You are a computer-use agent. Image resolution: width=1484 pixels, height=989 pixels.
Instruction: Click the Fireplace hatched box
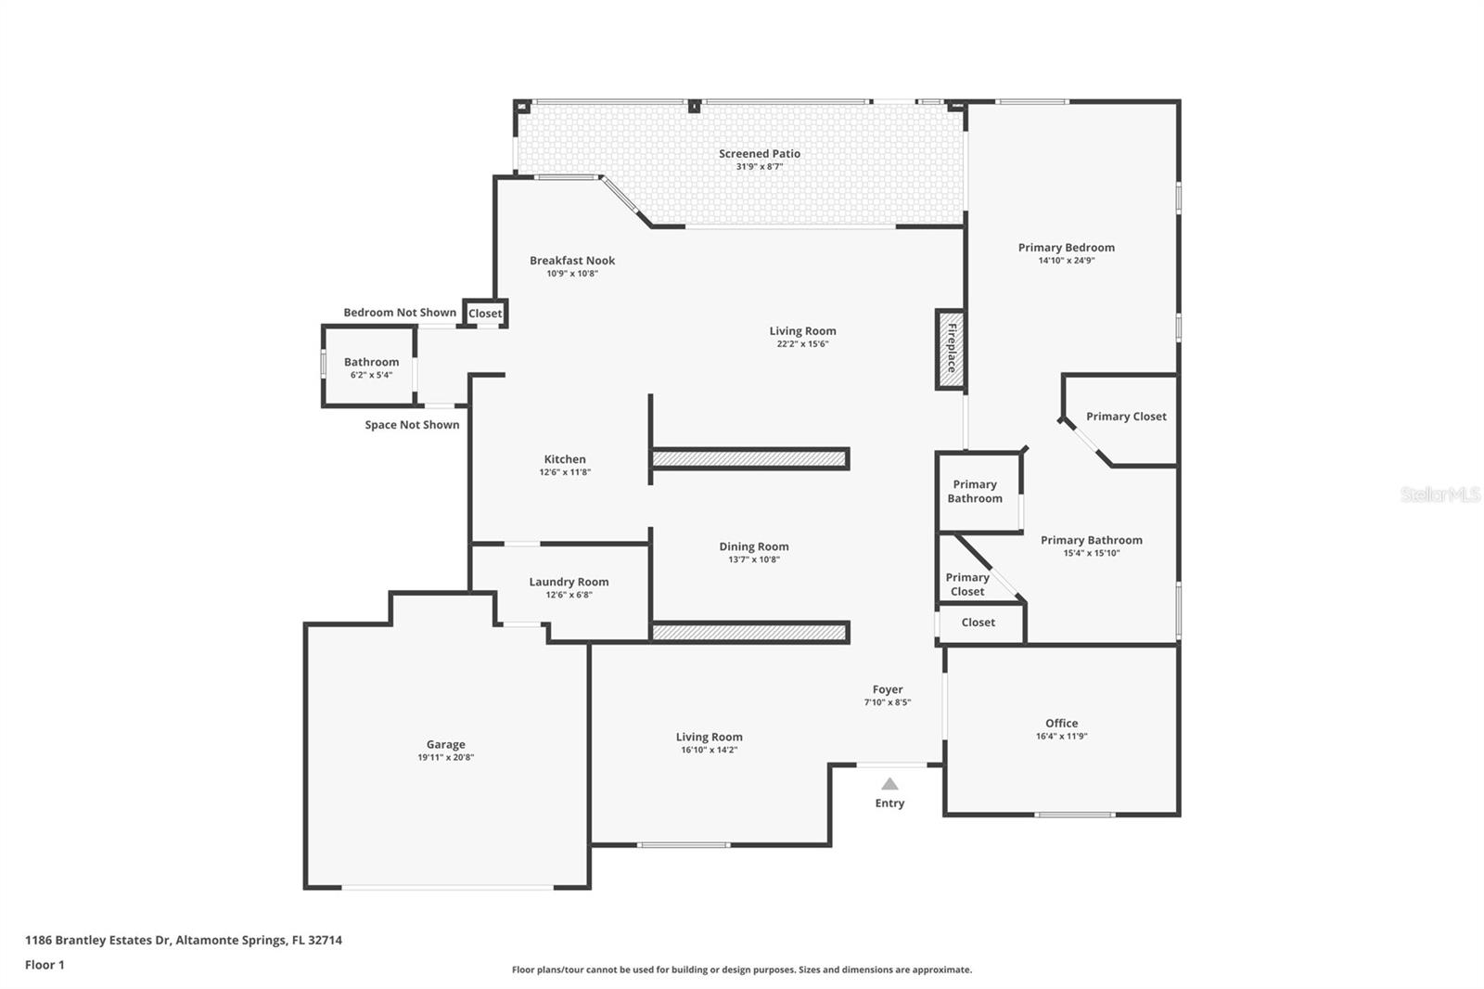pos(950,349)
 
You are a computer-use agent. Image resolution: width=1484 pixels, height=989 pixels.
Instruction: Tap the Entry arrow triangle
pos(889,784)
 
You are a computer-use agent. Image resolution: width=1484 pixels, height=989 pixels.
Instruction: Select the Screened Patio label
pos(759,154)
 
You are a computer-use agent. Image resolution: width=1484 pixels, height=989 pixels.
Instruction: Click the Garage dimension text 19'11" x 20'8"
pos(445,758)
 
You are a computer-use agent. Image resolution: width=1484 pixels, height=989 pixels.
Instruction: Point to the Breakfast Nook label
pos(572,261)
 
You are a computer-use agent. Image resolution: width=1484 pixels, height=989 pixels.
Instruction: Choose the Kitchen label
pos(564,459)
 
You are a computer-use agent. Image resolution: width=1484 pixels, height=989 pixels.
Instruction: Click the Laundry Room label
pos(569,583)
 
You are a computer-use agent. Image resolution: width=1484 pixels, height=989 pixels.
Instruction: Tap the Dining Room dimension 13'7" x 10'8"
pos(753,559)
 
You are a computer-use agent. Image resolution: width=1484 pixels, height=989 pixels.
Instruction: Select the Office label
pos(1061,724)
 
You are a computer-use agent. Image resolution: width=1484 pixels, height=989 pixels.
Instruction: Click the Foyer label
pos(887,689)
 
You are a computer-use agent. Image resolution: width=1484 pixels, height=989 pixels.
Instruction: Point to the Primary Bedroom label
pos(1066,248)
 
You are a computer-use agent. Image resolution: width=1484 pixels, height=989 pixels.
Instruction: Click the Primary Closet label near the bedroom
pos(1126,417)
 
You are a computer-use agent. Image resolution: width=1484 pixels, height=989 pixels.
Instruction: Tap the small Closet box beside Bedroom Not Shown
pos(484,314)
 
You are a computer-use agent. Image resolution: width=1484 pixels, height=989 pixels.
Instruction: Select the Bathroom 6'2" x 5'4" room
pos(370,367)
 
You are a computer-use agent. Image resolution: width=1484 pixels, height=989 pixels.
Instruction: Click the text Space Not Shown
pos(412,425)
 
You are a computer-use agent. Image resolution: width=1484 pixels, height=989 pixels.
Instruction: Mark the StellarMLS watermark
pos(1439,494)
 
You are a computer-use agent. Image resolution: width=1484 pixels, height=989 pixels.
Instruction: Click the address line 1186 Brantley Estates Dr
pos(183,940)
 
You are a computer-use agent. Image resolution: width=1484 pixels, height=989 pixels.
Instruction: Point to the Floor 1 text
pos(45,965)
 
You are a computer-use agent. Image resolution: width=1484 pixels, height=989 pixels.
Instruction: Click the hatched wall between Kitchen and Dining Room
pos(749,458)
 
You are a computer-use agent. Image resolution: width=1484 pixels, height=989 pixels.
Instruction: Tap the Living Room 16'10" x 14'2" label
pos(709,738)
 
